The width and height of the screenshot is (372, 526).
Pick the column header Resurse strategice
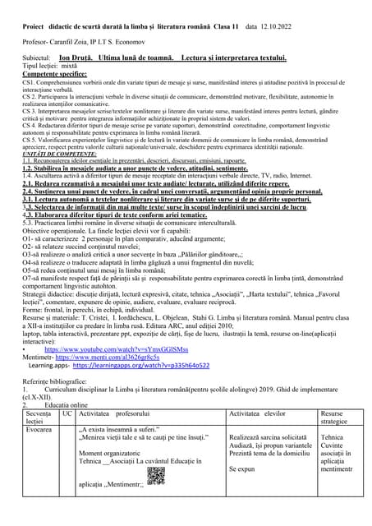tap(337, 418)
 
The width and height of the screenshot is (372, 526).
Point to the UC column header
tap(67, 414)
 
